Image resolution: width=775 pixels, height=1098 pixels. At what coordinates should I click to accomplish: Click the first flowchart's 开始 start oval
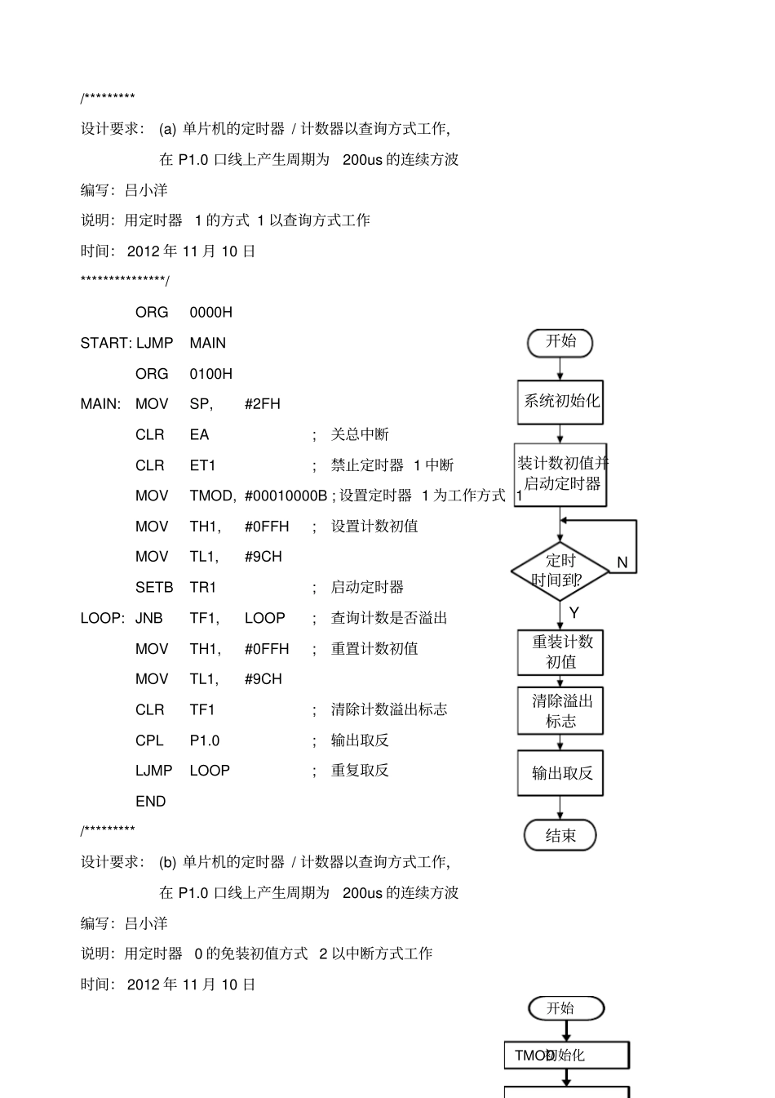[x=560, y=342]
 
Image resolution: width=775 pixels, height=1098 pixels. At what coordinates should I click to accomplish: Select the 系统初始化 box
[x=560, y=402]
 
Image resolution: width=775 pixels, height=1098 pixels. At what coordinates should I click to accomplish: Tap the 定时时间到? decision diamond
[x=560, y=571]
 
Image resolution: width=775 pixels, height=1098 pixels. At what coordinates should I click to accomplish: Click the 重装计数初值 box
[x=560, y=652]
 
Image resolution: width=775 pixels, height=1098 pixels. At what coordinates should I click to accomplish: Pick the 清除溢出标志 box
[x=560, y=711]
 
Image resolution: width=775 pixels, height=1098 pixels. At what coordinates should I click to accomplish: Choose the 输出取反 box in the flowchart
[x=560, y=773]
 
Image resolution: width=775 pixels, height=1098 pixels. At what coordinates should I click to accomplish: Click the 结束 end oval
[x=560, y=835]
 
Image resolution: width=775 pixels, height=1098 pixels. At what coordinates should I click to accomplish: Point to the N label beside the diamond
[x=622, y=562]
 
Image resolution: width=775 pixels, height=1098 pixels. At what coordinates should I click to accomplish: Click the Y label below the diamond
[x=574, y=613]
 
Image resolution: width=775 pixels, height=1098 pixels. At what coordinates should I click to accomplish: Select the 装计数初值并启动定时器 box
[x=560, y=474]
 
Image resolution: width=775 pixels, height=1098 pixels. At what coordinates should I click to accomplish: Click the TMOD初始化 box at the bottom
[x=566, y=1055]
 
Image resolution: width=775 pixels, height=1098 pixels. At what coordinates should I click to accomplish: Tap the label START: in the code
[x=106, y=343]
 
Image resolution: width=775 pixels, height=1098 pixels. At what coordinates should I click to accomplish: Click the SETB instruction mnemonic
[x=154, y=588]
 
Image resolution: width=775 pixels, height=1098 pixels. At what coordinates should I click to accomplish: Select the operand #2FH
[x=262, y=404]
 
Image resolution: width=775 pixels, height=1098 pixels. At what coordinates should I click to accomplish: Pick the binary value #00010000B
[x=286, y=496]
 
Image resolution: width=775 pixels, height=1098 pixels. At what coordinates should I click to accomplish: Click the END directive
[x=151, y=802]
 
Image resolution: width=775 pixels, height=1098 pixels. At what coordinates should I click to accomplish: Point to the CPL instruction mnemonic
[x=150, y=740]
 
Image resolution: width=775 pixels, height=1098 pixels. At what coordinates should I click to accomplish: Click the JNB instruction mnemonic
[x=149, y=618]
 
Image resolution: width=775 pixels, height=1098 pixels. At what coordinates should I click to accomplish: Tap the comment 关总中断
[x=360, y=434]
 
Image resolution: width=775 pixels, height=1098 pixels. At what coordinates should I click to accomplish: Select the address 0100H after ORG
[x=210, y=374]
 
